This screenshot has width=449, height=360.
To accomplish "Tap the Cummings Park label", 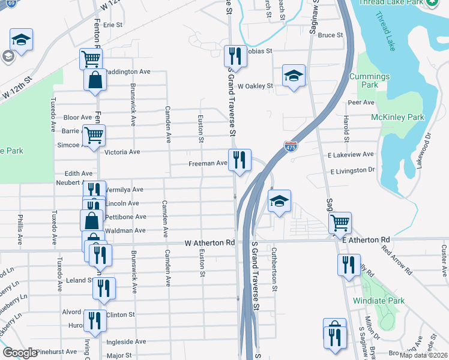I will (378, 80).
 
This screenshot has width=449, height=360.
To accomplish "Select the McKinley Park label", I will (397, 117).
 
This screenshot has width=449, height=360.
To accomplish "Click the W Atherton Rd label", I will (209, 243).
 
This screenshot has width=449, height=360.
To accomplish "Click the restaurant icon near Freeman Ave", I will (240, 160).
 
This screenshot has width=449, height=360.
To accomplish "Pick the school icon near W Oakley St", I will (294, 76).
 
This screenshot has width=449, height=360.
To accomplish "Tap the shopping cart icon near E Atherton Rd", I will (340, 223).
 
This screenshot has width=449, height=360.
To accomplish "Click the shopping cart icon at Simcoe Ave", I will (94, 136).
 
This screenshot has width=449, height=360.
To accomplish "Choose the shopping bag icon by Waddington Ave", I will (95, 80).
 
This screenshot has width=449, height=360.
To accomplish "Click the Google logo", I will (20, 352).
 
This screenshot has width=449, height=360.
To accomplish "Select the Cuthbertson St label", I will (274, 269).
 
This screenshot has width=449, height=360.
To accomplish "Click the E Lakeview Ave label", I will (352, 155).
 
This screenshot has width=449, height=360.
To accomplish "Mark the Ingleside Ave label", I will (127, 341).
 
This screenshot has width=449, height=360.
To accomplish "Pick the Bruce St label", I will (330, 35).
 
